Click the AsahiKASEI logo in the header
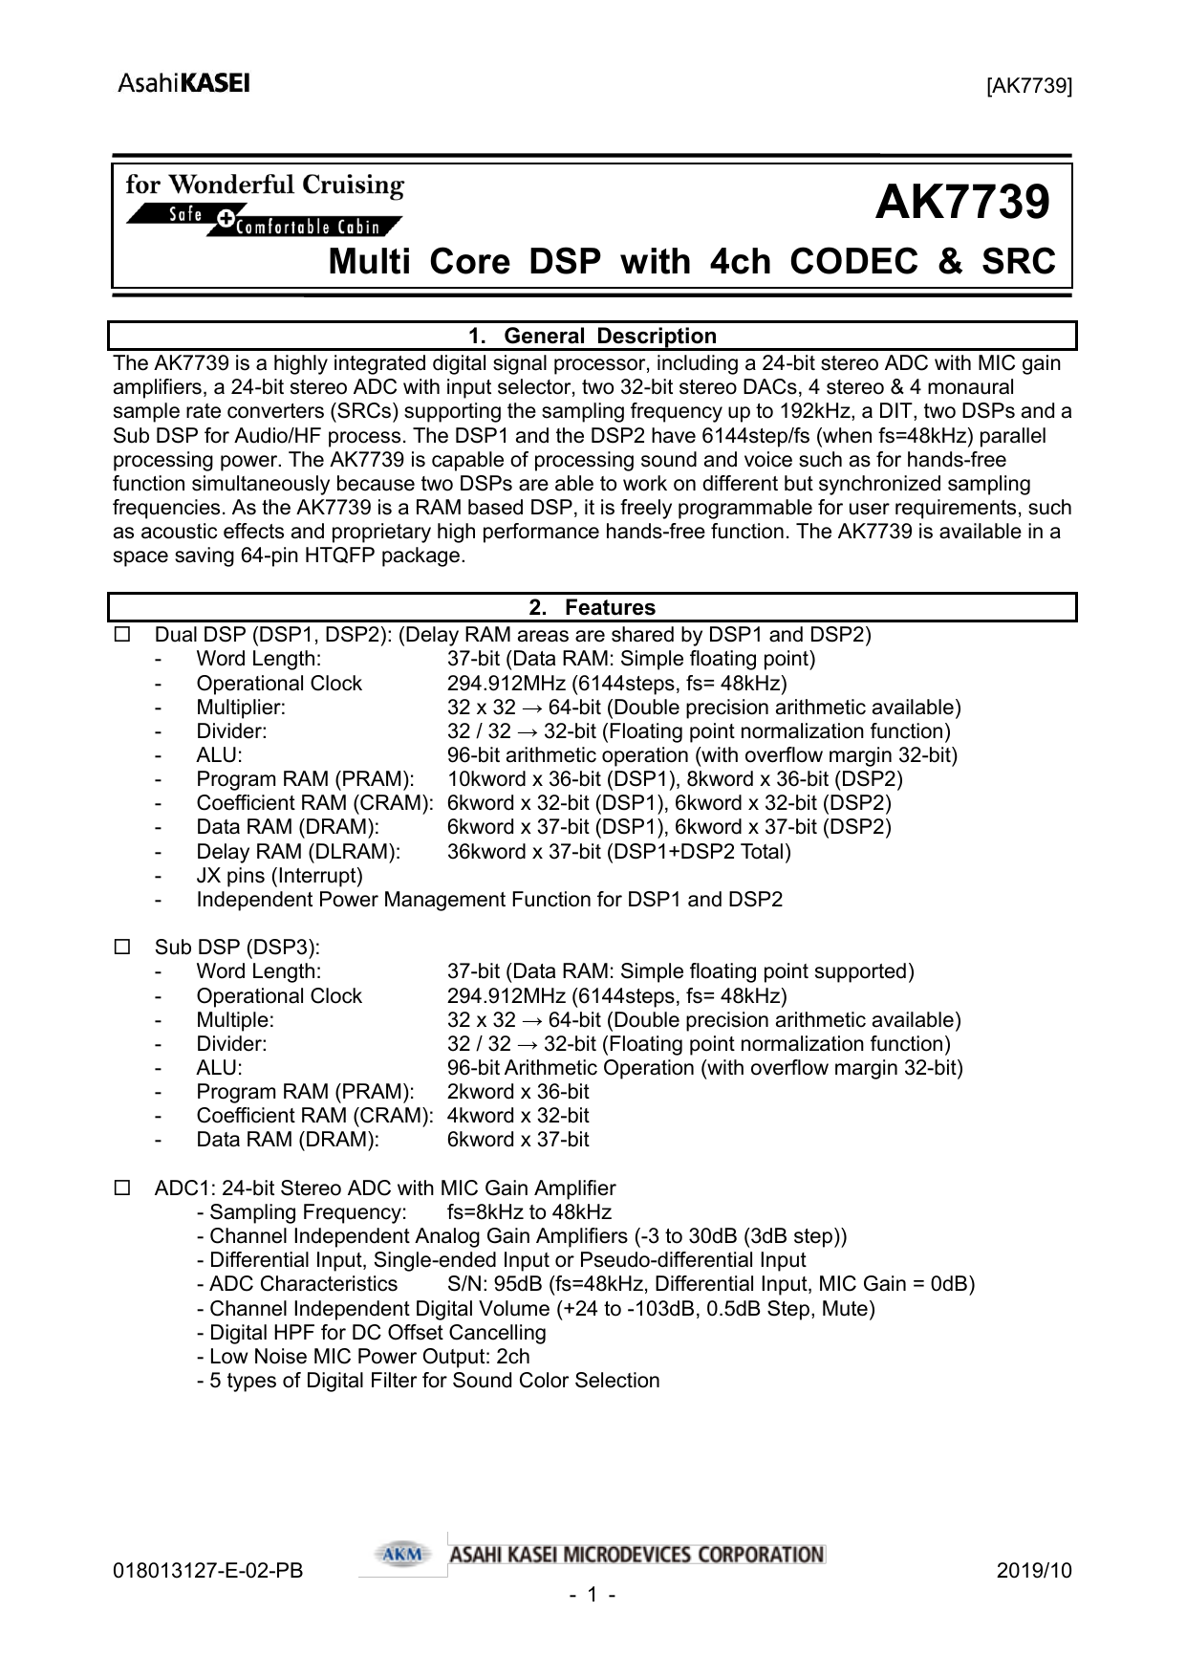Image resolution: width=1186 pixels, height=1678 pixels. click(x=183, y=83)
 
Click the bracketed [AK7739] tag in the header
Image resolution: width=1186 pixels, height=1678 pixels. click(x=1029, y=86)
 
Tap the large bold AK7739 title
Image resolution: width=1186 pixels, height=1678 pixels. click(x=961, y=203)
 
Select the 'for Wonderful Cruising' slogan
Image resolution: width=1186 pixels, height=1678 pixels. click(x=265, y=185)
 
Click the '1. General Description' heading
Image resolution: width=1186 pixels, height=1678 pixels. click(x=593, y=337)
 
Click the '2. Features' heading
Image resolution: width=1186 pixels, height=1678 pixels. click(x=593, y=608)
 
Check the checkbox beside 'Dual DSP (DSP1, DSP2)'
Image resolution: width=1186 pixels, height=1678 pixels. click(x=122, y=635)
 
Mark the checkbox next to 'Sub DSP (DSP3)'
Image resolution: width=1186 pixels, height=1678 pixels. click(x=122, y=948)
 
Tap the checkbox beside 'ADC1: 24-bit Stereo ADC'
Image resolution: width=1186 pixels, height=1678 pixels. click(x=122, y=1188)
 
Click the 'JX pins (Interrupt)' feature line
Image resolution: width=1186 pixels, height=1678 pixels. click(x=279, y=876)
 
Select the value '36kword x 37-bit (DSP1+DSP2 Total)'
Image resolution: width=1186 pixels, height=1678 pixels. click(x=618, y=852)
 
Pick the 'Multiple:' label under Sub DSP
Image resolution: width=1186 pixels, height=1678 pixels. click(x=235, y=1020)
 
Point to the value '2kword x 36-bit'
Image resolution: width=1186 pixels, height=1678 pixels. click(x=518, y=1092)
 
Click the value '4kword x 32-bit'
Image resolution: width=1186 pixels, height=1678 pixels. click(x=518, y=1116)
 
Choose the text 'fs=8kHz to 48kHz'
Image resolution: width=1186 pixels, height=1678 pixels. click(x=529, y=1212)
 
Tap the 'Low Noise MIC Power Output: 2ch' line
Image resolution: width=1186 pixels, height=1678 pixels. click(x=363, y=1357)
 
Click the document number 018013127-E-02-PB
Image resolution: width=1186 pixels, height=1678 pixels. click(x=207, y=1571)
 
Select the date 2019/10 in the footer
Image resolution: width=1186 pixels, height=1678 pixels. click(x=1034, y=1571)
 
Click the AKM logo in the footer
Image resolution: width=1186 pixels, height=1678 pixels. click(x=402, y=1555)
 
